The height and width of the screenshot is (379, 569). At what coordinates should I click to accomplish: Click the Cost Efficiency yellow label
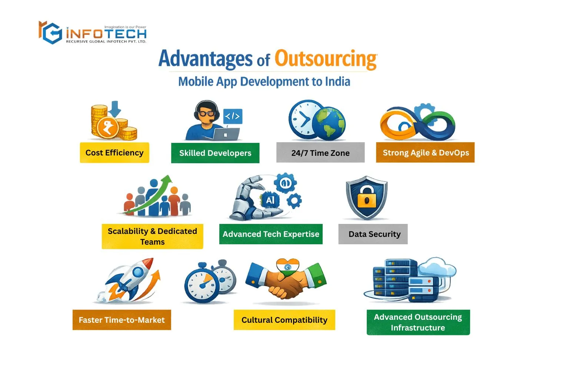(x=114, y=152)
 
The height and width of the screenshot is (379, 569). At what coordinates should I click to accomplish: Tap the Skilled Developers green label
(x=215, y=153)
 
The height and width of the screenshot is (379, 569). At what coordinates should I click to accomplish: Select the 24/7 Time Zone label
(x=320, y=153)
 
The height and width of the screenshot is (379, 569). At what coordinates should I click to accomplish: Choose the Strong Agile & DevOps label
(x=425, y=152)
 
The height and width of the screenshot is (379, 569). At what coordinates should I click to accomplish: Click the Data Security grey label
(x=373, y=234)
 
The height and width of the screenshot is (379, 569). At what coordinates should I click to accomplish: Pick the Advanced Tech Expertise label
(x=271, y=234)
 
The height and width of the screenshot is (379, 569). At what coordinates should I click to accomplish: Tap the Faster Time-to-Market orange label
(x=122, y=320)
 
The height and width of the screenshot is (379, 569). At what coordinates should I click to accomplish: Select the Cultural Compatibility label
(x=284, y=320)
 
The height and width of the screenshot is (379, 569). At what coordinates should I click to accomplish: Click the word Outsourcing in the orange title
(x=326, y=59)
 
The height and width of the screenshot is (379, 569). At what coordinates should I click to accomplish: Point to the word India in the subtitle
(x=337, y=81)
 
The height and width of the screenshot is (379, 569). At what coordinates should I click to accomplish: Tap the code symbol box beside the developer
(x=233, y=116)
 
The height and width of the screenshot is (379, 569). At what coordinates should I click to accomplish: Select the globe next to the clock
(x=329, y=123)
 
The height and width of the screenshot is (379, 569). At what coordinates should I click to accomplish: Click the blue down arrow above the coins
(x=115, y=108)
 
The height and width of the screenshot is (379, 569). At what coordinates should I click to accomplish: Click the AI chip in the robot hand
(x=270, y=200)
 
